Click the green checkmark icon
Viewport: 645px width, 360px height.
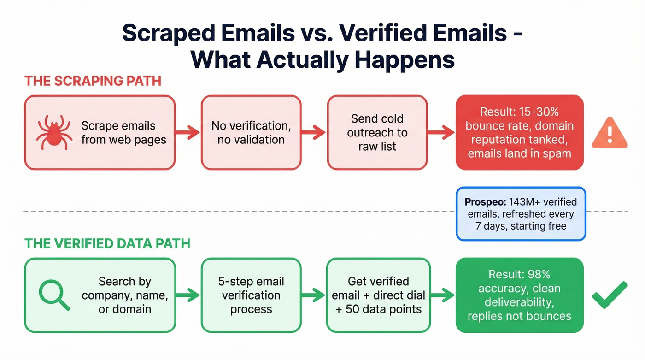(610, 295)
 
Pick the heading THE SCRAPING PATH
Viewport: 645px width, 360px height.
(93, 81)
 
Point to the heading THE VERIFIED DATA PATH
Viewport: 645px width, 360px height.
(107, 243)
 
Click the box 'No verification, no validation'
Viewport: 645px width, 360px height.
(251, 132)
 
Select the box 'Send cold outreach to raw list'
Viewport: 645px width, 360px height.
(377, 132)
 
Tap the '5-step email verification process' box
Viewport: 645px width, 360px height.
(251, 295)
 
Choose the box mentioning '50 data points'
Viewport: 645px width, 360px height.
(378, 295)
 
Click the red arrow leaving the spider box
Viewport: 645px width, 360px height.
(188, 133)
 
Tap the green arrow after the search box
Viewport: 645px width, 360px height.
(188, 295)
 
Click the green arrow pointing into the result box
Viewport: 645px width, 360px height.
(443, 295)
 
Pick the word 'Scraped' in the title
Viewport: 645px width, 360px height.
(174, 35)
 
